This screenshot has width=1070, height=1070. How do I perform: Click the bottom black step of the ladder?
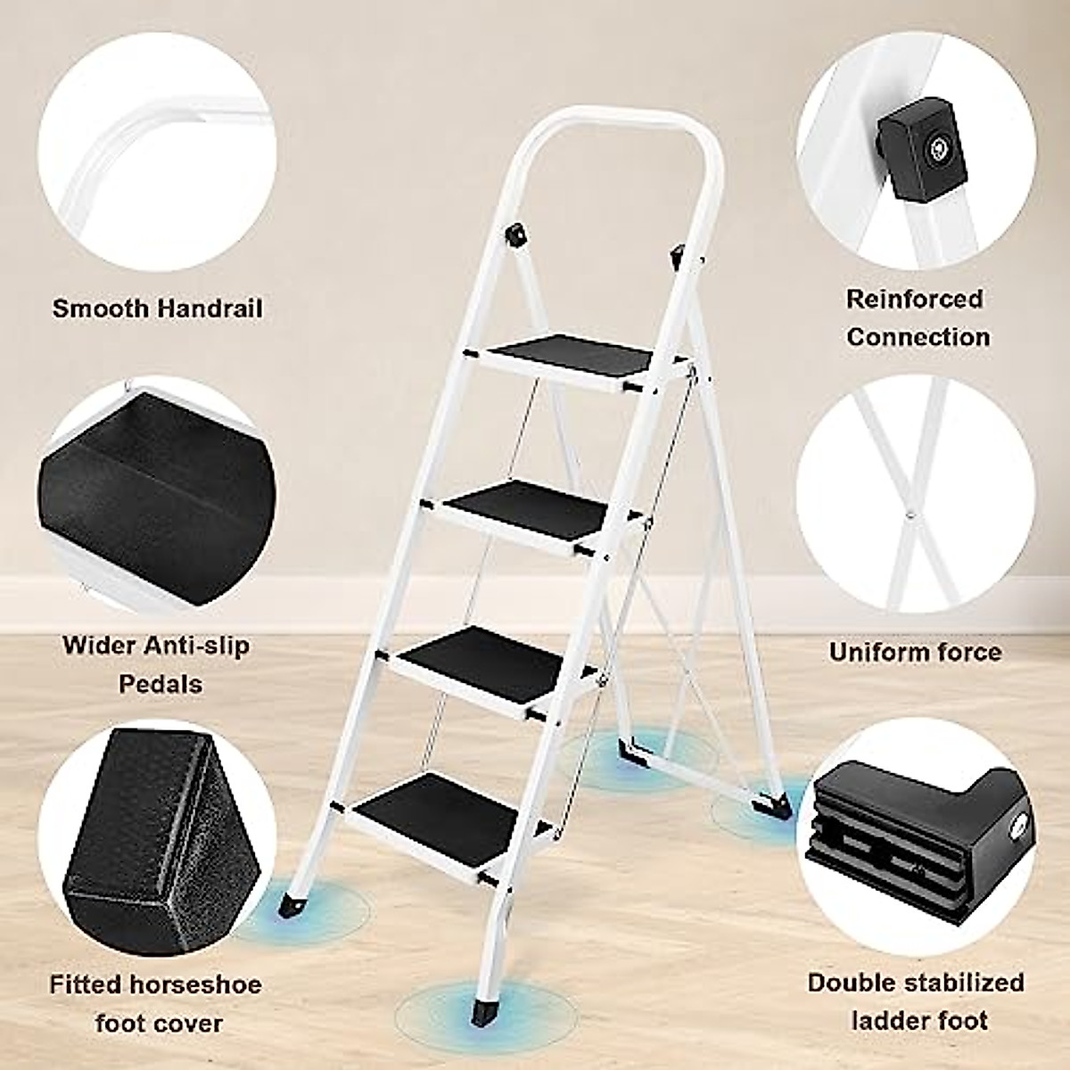coord(449,811)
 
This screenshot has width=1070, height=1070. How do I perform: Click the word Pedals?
coord(156,684)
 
